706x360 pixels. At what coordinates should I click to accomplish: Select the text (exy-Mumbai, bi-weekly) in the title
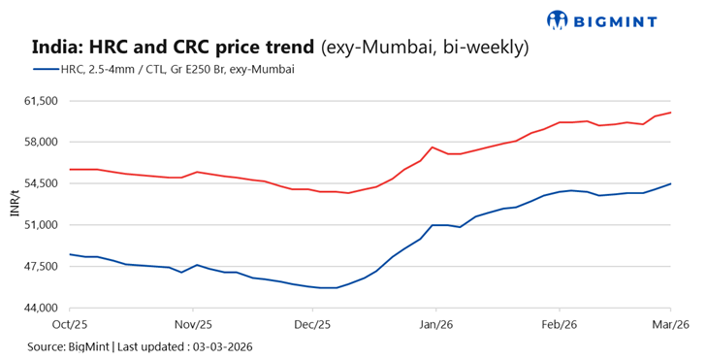[x=424, y=47]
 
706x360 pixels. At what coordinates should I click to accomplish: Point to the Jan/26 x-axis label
[x=435, y=325]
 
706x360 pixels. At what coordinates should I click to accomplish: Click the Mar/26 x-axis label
[x=669, y=325]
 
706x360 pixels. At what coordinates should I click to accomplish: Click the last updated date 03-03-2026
[x=224, y=345]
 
